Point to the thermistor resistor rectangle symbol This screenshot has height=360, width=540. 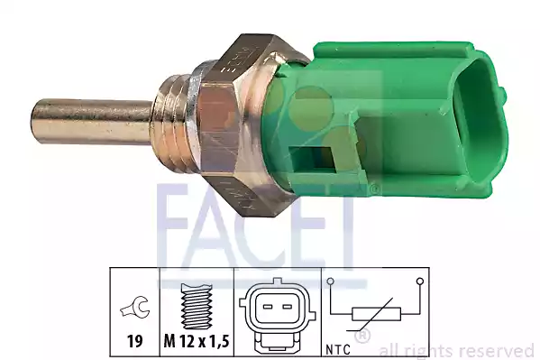tap(375, 317)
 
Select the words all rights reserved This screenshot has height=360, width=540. tap(456, 350)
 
